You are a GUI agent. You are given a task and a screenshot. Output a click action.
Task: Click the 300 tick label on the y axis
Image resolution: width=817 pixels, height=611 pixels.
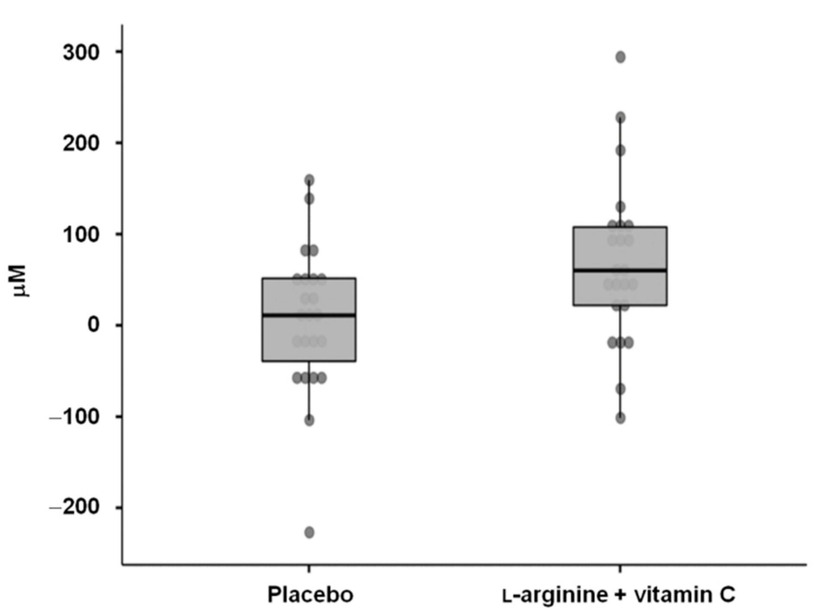(81, 53)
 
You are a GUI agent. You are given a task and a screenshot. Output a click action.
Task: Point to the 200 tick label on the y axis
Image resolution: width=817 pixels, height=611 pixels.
(81, 144)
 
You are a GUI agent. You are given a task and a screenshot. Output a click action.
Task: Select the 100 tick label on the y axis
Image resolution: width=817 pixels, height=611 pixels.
(81, 234)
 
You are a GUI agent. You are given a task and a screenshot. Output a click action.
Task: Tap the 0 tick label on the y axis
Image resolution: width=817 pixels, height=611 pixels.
(93, 325)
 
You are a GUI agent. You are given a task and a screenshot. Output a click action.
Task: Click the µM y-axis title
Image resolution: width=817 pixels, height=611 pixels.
(19, 281)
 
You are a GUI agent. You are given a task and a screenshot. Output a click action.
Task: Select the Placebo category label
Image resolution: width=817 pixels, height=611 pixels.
(310, 595)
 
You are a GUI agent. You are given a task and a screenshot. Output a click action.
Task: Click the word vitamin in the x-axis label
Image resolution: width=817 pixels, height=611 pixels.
(670, 595)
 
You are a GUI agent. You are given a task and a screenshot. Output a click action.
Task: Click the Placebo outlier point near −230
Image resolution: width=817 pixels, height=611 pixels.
(309, 532)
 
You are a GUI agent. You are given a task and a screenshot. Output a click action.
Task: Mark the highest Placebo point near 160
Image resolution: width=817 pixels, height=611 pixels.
(309, 179)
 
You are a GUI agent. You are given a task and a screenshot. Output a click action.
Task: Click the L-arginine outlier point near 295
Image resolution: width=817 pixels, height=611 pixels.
(620, 57)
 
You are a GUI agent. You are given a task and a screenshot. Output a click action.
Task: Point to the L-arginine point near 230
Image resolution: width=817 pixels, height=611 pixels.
(620, 117)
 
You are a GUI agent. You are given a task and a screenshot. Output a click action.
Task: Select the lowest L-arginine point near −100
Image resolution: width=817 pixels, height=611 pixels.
(620, 418)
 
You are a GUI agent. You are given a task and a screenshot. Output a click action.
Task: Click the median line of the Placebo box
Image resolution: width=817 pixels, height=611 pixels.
(309, 315)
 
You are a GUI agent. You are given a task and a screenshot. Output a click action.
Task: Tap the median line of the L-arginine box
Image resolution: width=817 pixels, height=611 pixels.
(620, 270)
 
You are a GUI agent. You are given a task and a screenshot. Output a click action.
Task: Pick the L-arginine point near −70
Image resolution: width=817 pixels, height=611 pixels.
(620, 389)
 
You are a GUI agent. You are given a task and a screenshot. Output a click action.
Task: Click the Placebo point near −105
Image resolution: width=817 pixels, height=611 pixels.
(309, 420)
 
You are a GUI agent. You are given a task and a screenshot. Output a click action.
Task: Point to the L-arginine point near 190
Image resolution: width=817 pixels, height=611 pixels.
(620, 150)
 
